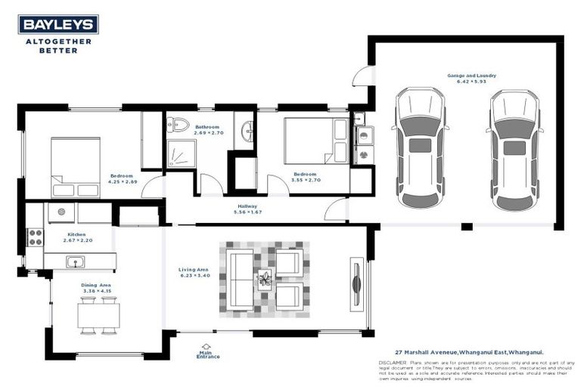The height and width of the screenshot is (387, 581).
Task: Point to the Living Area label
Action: pyautogui.click(x=194, y=270)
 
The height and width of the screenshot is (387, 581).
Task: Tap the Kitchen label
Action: pyautogui.click(x=76, y=235)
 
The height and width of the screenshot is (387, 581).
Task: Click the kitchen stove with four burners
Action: pyautogui.click(x=35, y=237)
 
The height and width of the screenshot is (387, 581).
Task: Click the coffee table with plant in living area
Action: pyautogui.click(x=265, y=280)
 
